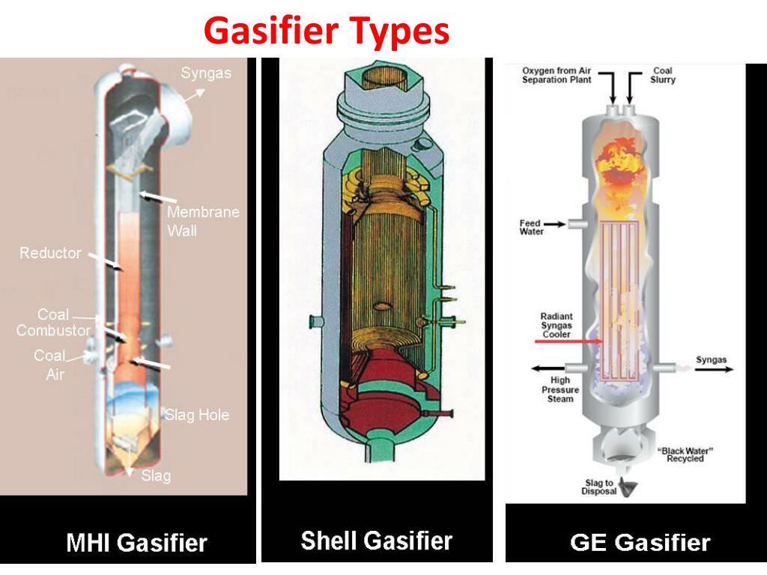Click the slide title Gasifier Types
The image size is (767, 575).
(x=327, y=31)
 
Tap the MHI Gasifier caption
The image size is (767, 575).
(x=136, y=542)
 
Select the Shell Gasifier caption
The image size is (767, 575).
(x=377, y=540)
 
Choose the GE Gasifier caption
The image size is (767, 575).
(x=640, y=542)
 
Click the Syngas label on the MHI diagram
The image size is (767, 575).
(x=206, y=73)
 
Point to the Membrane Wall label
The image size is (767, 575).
(x=203, y=221)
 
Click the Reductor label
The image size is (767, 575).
(x=50, y=253)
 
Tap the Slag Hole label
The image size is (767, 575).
(x=197, y=415)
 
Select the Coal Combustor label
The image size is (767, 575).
(x=53, y=323)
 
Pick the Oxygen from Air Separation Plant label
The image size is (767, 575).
(x=557, y=75)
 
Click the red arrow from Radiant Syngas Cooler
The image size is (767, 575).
(x=569, y=341)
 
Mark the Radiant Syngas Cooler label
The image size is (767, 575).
(x=556, y=325)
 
